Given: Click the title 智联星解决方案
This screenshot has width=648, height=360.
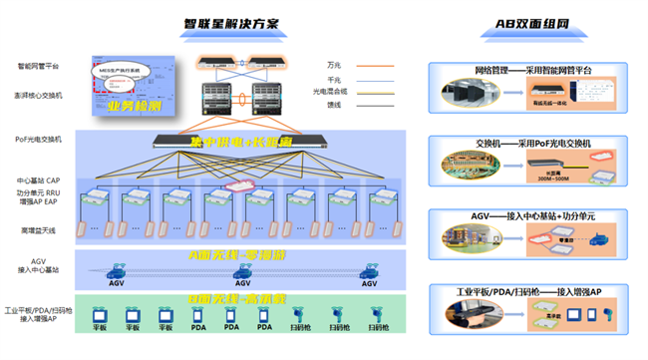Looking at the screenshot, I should pyautogui.click(x=231, y=23).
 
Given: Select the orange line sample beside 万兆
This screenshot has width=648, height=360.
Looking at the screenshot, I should pyautogui.click(x=376, y=66).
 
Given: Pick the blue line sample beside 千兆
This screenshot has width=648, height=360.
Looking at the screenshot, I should pyautogui.click(x=376, y=79).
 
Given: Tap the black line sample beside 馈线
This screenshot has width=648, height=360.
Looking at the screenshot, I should pyautogui.click(x=376, y=104).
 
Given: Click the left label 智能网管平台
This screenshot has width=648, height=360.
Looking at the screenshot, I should pyautogui.click(x=38, y=66).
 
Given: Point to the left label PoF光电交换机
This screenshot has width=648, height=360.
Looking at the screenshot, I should pyautogui.click(x=39, y=139).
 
